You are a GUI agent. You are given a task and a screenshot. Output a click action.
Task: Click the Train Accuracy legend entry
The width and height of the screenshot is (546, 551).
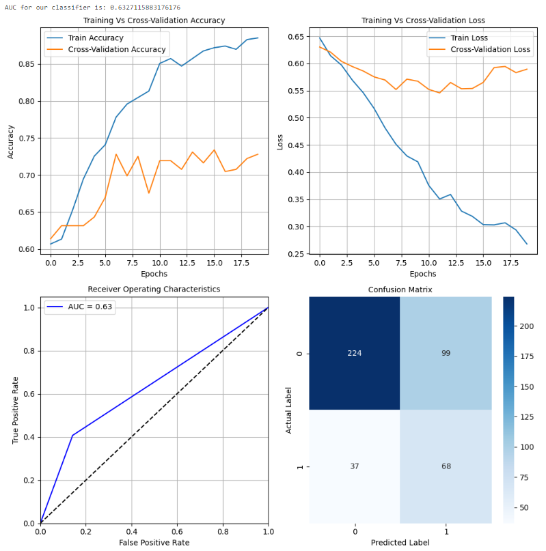pos(95,38)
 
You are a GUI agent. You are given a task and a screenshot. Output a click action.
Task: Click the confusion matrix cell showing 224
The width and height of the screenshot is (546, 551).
pos(355,353)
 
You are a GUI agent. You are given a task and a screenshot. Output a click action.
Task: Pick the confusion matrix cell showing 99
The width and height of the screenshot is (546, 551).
pos(446,353)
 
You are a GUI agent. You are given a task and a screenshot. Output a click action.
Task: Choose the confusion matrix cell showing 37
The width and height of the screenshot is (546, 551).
pos(355,466)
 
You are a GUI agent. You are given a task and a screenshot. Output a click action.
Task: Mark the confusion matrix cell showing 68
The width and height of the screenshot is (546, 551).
pos(446,466)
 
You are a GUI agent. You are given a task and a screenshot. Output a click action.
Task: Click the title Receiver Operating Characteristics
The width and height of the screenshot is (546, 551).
pos(154,289)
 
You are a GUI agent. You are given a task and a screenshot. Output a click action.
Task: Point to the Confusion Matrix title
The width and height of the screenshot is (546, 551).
pos(400,289)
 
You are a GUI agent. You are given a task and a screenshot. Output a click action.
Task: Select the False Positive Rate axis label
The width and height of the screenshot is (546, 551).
pos(154,543)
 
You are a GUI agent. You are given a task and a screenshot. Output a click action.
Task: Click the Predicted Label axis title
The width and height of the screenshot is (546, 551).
pos(400,543)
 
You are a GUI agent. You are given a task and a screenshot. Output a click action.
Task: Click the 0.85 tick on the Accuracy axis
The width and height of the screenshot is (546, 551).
pos(28,64)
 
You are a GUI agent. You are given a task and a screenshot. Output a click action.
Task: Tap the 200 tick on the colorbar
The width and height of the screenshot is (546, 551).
pos(526,327)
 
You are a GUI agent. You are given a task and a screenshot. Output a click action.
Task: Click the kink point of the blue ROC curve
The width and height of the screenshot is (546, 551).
pos(72,435)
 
